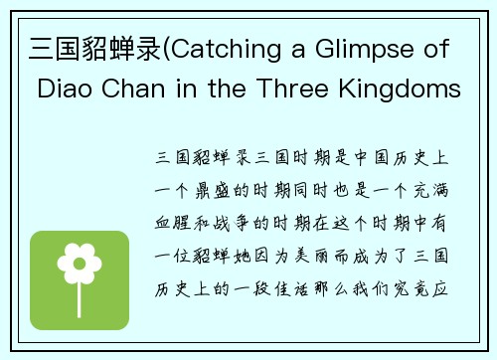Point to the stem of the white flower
coord(80,290)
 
